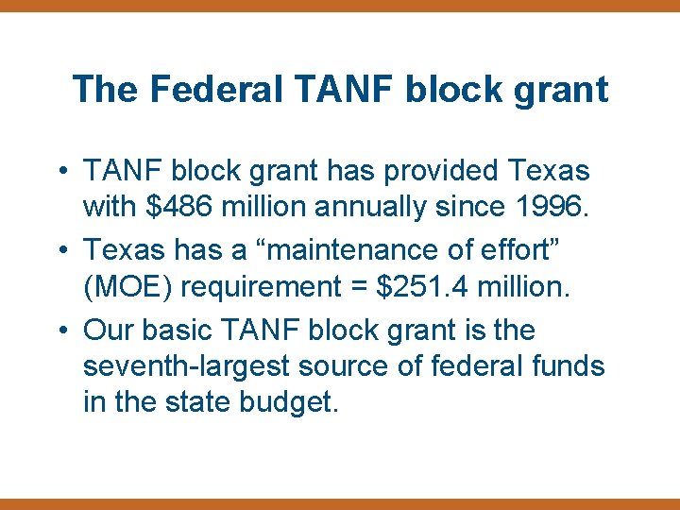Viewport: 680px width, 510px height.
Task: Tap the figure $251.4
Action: [422, 285]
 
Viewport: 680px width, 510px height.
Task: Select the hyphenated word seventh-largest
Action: [201, 365]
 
